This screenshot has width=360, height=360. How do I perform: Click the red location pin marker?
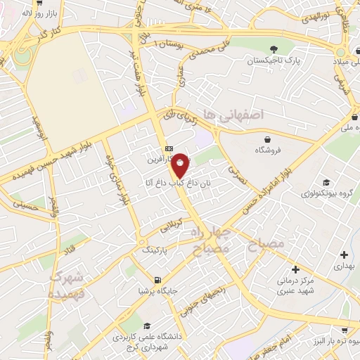[181, 165]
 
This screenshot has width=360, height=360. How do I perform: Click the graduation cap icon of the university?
[148, 326]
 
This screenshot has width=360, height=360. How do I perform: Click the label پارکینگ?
[157, 249]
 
